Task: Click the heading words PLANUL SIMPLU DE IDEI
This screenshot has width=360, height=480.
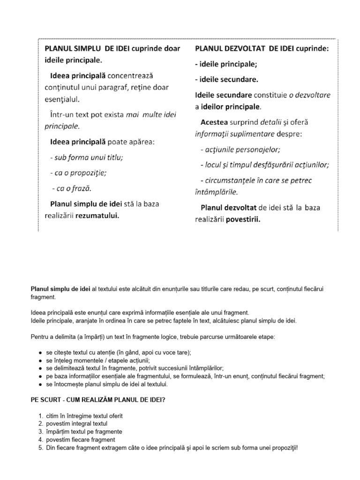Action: [87, 49]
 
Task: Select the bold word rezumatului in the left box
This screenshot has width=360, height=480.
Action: [99, 216]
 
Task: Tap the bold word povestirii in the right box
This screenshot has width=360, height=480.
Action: [243, 219]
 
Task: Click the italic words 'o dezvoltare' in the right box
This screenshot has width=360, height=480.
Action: [309, 95]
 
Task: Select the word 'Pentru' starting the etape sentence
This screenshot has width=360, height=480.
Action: [39, 337]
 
